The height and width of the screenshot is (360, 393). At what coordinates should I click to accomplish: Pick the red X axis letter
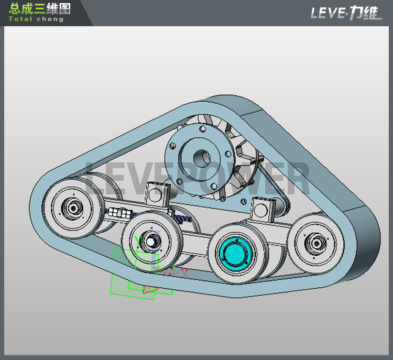[x=184, y=271]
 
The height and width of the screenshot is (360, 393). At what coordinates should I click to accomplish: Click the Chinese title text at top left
[x=39, y=8]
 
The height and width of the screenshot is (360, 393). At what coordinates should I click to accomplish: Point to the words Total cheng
[x=36, y=19]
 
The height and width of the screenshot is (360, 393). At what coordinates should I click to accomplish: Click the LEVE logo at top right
[x=346, y=13]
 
